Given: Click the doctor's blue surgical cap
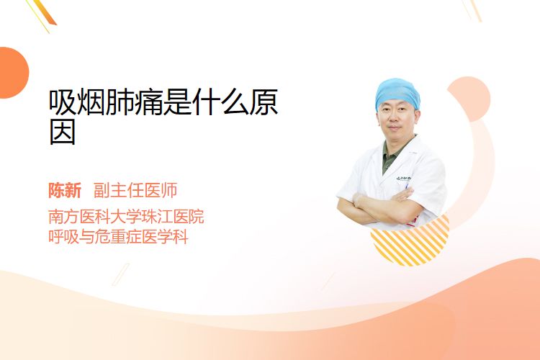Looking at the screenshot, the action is click(x=397, y=94).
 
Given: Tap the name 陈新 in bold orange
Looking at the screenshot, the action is click(x=65, y=191).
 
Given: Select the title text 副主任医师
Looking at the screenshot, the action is click(x=135, y=191).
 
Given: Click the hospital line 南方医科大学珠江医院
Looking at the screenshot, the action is click(x=126, y=216).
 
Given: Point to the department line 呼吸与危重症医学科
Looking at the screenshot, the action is click(x=118, y=237).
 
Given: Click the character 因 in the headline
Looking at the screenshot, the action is click(x=63, y=132).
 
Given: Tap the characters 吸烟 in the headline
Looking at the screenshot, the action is click(x=77, y=102).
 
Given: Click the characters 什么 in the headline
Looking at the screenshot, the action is click(x=220, y=102).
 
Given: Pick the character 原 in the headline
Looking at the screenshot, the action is click(x=264, y=102).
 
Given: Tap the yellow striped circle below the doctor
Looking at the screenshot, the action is click(x=410, y=241).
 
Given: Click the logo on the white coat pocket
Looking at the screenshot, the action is click(x=403, y=179).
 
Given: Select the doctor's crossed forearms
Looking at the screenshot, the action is click(x=382, y=206).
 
